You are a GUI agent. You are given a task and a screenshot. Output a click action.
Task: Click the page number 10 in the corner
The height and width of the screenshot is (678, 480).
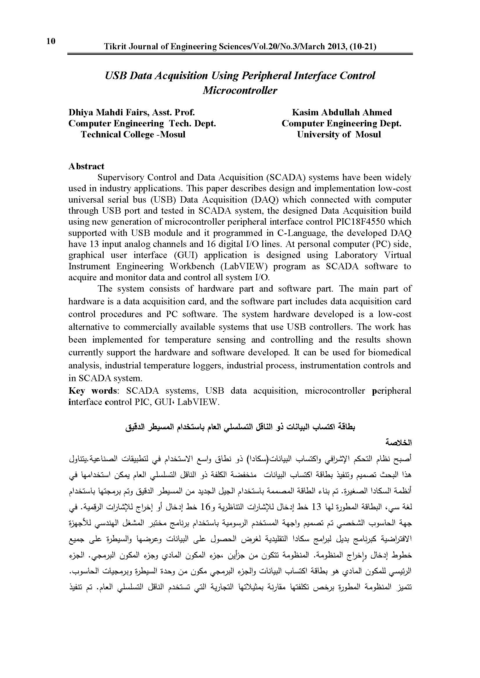pyautogui.click(x=51, y=41)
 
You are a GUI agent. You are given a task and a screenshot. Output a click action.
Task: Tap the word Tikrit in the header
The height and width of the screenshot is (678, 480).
pyautogui.click(x=114, y=47)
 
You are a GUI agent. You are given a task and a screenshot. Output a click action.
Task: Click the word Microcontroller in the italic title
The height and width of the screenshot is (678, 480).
pyautogui.click(x=240, y=90)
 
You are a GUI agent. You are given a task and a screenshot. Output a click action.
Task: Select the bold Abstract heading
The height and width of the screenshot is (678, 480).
pyautogui.click(x=86, y=166)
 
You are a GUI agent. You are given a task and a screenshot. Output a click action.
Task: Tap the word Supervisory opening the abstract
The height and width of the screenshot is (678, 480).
pyautogui.click(x=120, y=178)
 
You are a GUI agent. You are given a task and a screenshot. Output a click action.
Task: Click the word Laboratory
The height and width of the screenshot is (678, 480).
pyautogui.click(x=356, y=255)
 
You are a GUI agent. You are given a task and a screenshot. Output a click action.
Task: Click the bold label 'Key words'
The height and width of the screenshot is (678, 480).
pyautogui.click(x=93, y=391)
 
